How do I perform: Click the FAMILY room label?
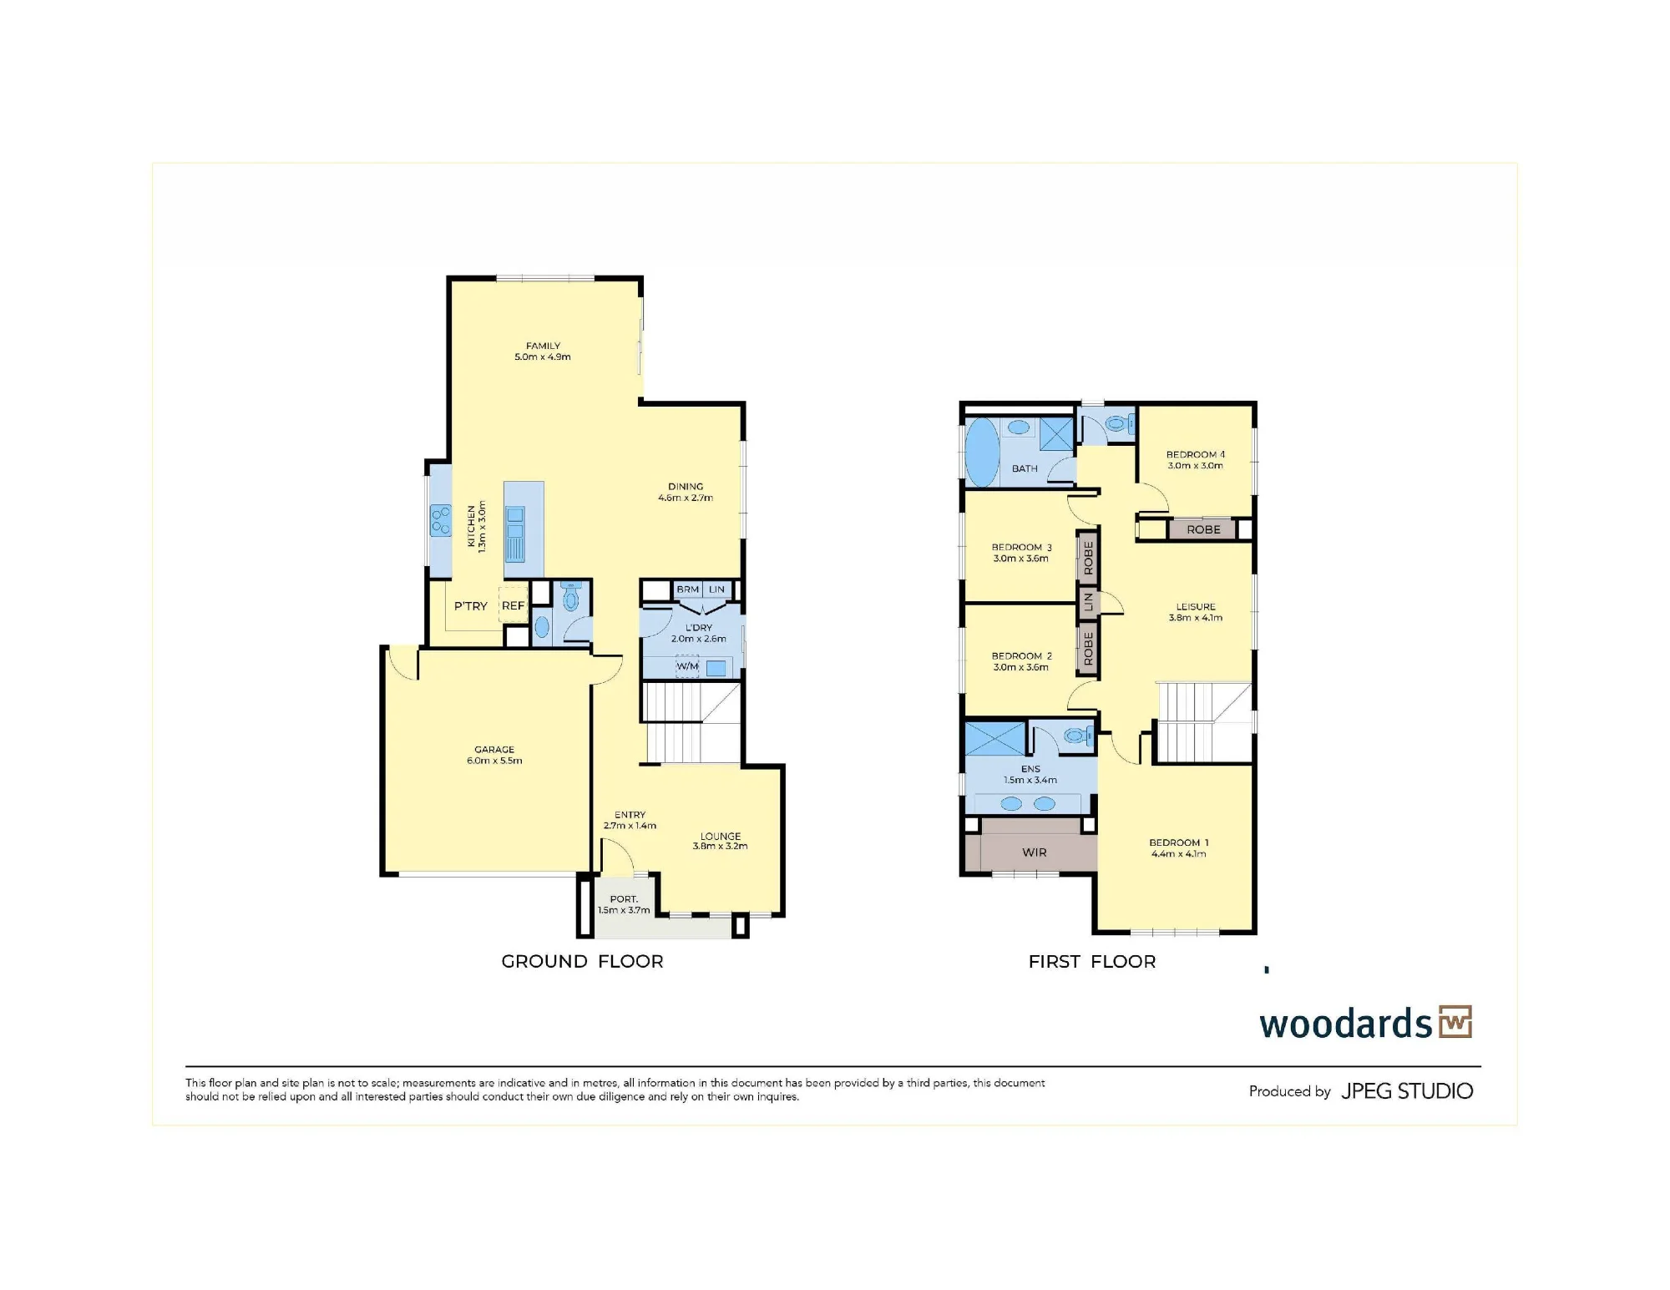coord(543,346)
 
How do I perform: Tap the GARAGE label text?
coord(494,750)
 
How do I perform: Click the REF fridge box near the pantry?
coord(513,605)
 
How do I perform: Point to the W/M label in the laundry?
coord(687,666)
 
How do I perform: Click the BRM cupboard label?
coord(688,589)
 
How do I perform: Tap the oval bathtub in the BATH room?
coord(982,452)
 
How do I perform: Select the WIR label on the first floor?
coord(1034,852)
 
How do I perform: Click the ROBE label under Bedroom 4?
coord(1203,529)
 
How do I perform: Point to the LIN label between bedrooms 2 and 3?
coord(1087,602)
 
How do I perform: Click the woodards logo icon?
coord(1455,1022)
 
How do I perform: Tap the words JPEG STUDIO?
coord(1407,1091)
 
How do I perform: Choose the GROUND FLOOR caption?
coord(582,962)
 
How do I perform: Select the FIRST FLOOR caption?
coord(1092,962)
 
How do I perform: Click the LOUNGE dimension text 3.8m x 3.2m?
coord(720,847)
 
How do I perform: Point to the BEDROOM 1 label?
coord(1178,843)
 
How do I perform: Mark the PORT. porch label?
coord(624,899)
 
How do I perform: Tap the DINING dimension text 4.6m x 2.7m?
coord(686,498)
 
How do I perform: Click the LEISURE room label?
coord(1196,607)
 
